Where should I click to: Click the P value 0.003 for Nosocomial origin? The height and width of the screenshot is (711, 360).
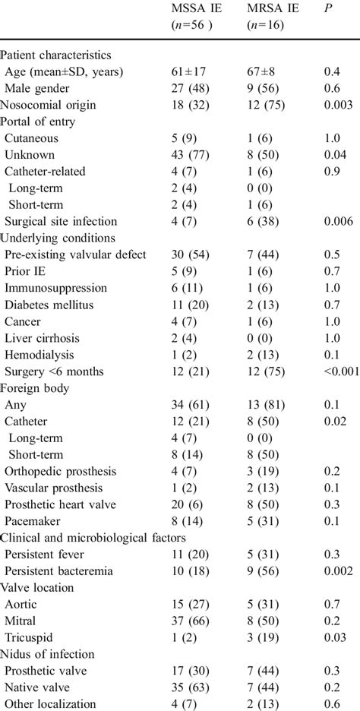tap(338, 105)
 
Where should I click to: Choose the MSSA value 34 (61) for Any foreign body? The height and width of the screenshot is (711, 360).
tap(191, 405)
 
